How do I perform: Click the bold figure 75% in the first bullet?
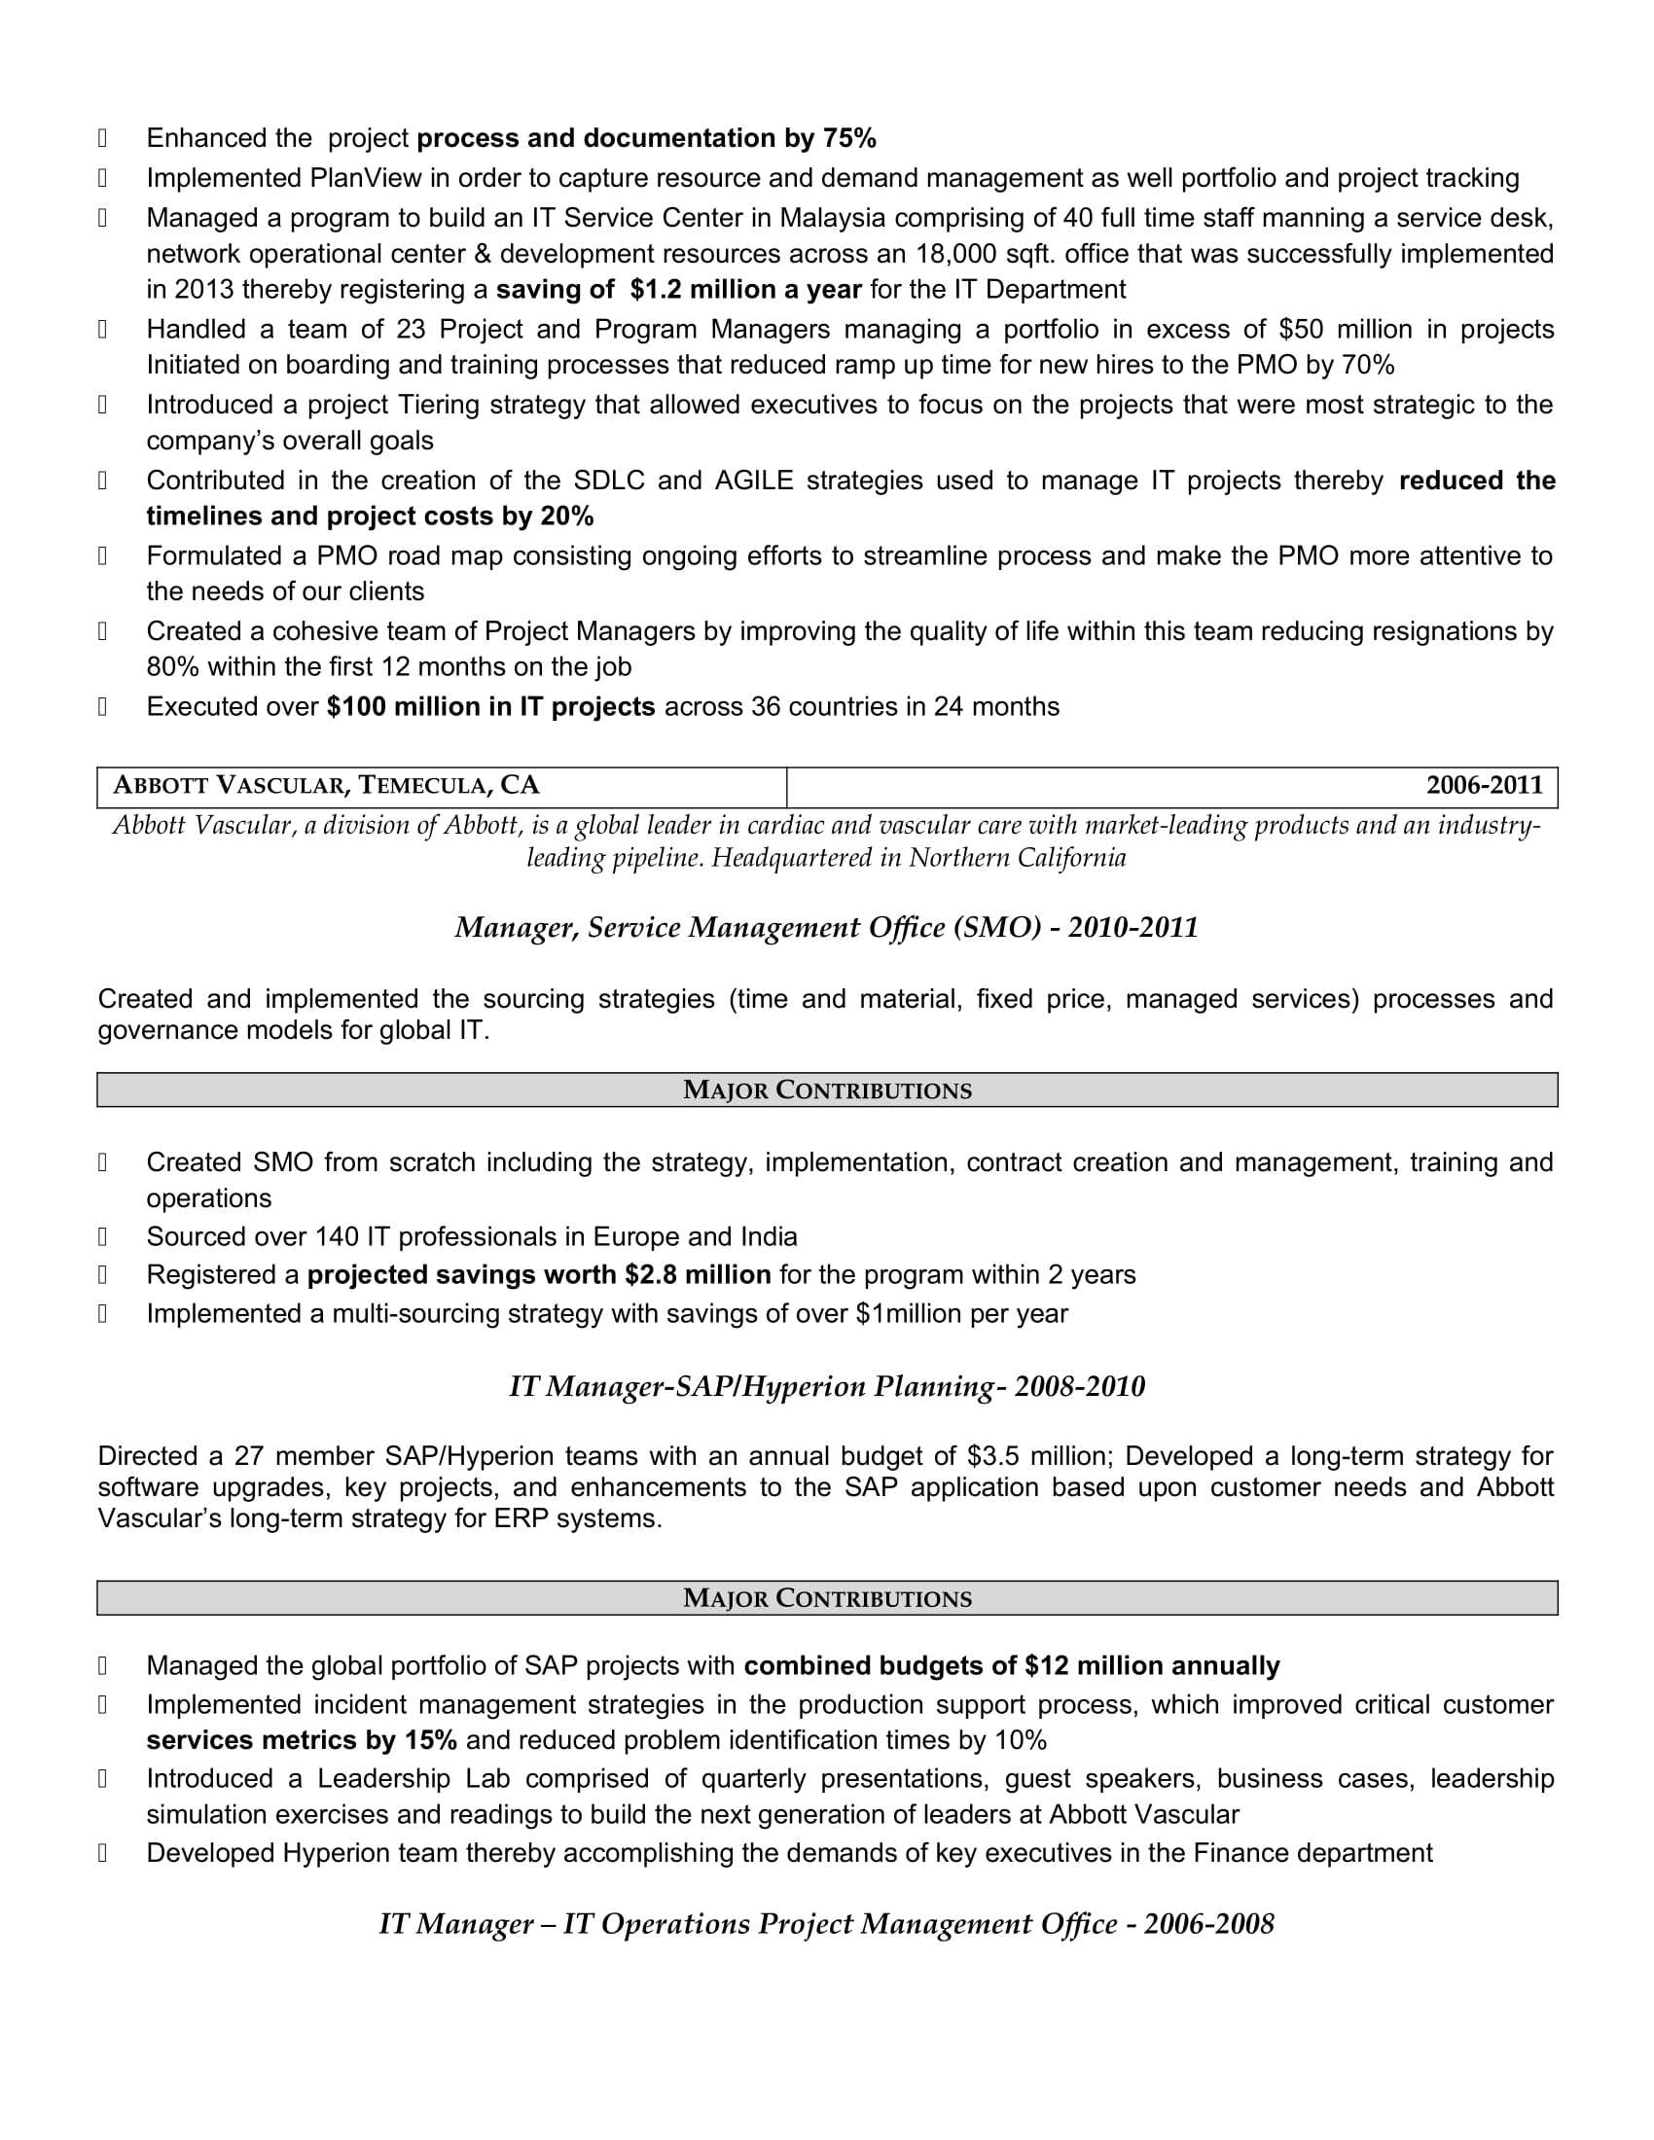[849, 138]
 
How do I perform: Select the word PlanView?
[366, 178]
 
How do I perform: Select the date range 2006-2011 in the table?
[1484, 786]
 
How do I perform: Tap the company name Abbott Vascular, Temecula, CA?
[326, 786]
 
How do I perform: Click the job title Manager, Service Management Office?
[747, 928]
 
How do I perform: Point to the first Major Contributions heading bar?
[827, 1089]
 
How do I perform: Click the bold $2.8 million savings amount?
[698, 1275]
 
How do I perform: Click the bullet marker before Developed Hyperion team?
[103, 1853]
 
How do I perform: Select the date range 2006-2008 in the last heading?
[1208, 1924]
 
